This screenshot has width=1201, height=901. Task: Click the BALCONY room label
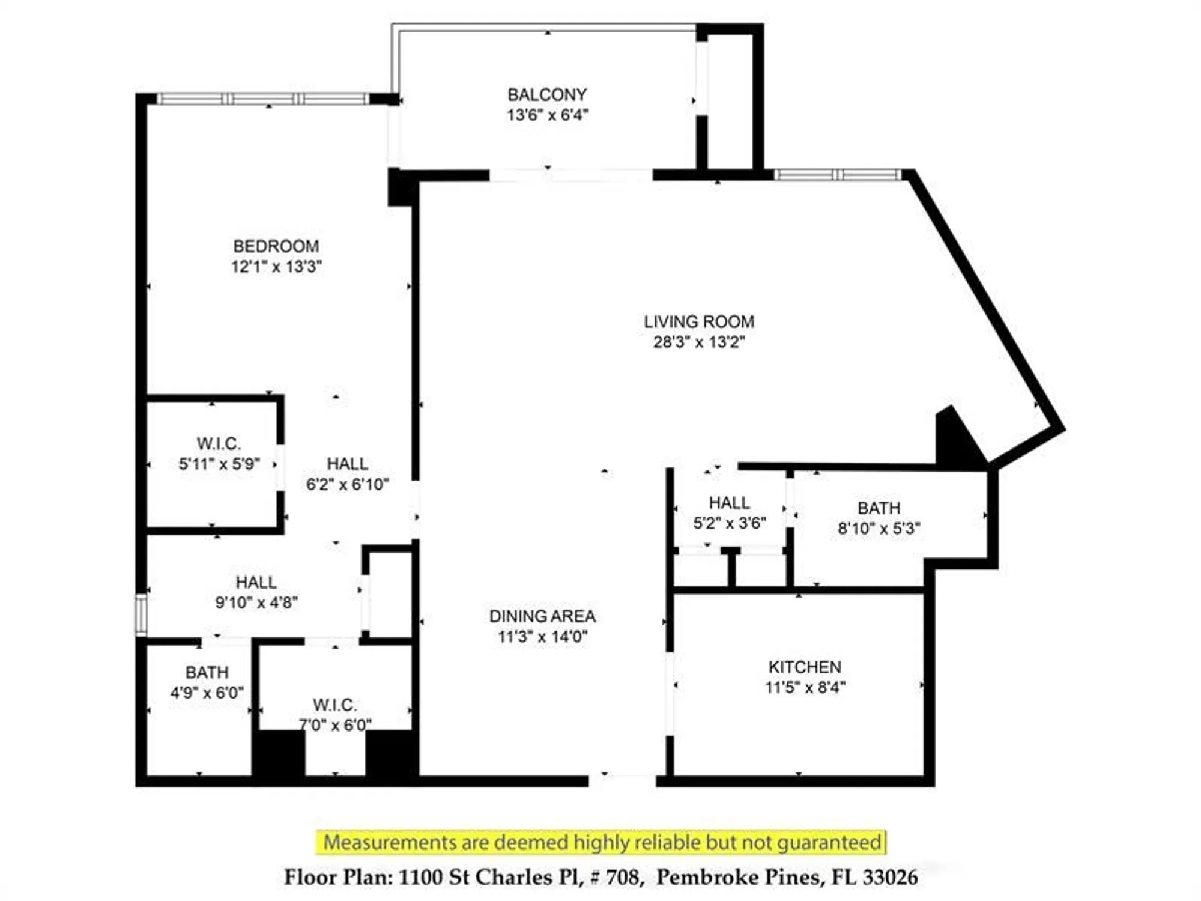547,95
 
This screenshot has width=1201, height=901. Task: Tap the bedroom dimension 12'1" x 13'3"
276,267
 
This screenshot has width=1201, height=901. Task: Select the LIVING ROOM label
699,322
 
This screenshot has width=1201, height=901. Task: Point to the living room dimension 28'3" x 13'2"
699,342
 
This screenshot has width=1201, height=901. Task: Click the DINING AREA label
542,616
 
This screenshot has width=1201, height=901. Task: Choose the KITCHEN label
805,667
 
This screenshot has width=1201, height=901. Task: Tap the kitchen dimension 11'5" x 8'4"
805,687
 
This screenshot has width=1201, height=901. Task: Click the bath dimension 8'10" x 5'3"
879,529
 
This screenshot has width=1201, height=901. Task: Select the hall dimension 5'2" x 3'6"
730,523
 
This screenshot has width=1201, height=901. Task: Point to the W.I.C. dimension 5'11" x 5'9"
219,464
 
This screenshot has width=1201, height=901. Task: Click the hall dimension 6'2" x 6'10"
347,484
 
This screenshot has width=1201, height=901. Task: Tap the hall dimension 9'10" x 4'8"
256,602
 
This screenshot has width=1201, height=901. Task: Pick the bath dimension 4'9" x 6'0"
207,693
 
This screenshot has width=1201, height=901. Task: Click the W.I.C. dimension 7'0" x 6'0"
335,725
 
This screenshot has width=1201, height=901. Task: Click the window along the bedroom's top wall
263,99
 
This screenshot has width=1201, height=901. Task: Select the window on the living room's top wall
837,175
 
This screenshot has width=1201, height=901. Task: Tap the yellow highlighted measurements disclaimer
601,842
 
